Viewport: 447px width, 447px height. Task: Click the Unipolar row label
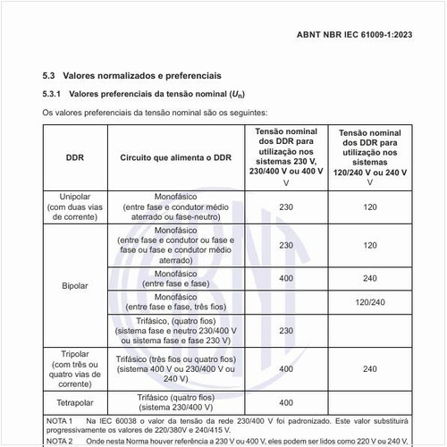tap(75, 207)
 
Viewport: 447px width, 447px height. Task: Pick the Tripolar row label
tap(75, 367)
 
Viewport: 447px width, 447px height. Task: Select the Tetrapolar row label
tap(75, 399)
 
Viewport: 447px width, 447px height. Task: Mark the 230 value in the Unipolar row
tap(285, 207)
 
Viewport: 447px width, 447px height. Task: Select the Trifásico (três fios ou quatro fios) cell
tap(175, 367)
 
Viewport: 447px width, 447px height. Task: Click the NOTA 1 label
tap(59, 419)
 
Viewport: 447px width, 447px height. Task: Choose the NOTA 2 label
tap(59, 441)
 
